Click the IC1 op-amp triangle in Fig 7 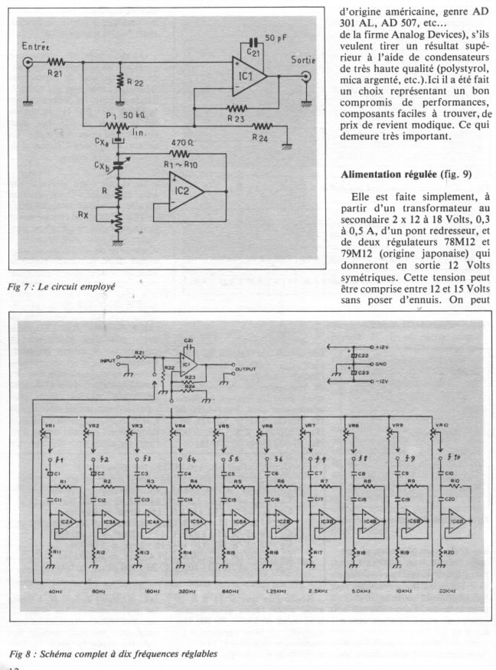coord(248,77)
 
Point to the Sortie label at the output coord(304,59)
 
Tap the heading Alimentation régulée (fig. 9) coord(410,175)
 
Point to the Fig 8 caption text coord(107,653)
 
